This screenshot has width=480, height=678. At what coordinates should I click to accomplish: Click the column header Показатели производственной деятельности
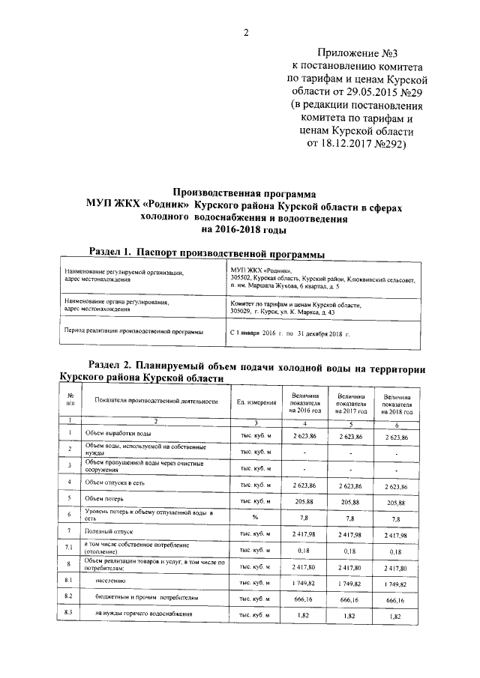tap(156, 401)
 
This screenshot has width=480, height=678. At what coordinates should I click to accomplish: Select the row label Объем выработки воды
tap(118, 434)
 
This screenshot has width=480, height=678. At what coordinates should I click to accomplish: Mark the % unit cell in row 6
tap(255, 516)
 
